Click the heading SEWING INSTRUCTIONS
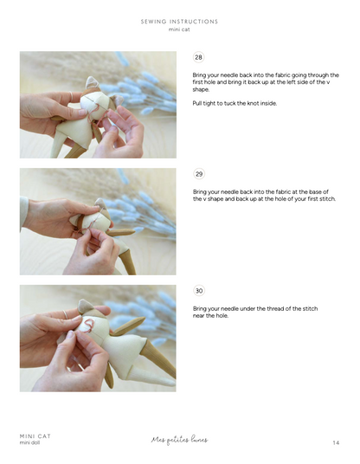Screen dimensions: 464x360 click(179, 22)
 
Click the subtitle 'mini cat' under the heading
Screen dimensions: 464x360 click(179, 29)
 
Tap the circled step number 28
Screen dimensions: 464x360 click(198, 58)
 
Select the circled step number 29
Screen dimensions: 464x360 click(198, 174)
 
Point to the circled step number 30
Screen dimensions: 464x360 click(198, 291)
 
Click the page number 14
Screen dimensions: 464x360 click(335, 442)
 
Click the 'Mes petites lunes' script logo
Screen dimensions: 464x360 click(179, 440)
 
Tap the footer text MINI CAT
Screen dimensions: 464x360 click(35, 435)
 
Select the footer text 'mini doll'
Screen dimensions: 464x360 click(32, 443)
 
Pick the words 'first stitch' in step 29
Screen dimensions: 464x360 click(315, 199)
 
